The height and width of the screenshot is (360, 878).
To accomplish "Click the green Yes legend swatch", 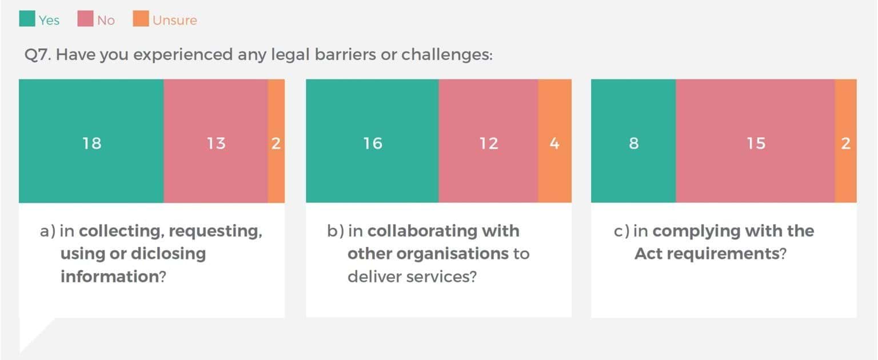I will (x=27, y=19).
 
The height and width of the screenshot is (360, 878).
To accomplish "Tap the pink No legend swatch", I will (x=85, y=19).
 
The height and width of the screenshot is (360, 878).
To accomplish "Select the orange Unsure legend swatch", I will (x=141, y=19).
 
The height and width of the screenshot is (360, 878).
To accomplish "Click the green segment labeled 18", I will (x=91, y=142).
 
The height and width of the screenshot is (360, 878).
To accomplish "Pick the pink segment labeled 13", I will (x=215, y=142).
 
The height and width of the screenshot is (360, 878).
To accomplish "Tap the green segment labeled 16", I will (x=372, y=142).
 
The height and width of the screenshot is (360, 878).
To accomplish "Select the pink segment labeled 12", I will (x=488, y=142).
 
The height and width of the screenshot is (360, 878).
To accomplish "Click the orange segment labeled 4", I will (x=554, y=142).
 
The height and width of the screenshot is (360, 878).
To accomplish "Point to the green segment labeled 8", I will (x=633, y=142).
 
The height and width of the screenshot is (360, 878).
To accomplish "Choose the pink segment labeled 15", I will (x=755, y=142).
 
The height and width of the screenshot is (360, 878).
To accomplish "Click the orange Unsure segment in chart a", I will (x=276, y=142).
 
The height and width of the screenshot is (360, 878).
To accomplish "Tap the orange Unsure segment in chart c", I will (x=845, y=142).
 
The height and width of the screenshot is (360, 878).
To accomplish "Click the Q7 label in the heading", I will (x=37, y=55).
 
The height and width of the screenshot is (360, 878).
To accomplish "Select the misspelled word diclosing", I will (x=169, y=254).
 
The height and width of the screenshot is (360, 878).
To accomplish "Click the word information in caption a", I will (x=109, y=277).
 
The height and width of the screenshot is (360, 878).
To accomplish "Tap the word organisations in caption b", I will (x=428, y=254).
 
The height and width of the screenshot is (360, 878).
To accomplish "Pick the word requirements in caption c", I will (x=733, y=254).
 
